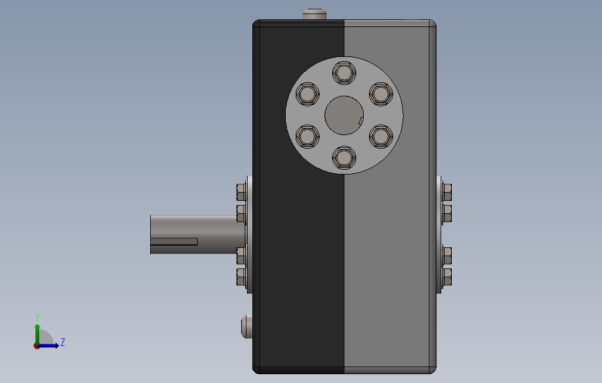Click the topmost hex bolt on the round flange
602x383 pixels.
(344, 73)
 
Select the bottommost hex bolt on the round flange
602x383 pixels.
(344, 157)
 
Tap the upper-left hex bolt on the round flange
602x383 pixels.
(307, 94)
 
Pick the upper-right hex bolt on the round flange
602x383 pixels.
(381, 94)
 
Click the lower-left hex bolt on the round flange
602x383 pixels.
(307, 136)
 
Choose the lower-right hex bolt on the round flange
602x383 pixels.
(381, 136)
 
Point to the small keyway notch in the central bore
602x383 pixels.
(361, 121)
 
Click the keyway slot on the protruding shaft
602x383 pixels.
(174, 241)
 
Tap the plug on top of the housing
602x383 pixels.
(315, 14)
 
